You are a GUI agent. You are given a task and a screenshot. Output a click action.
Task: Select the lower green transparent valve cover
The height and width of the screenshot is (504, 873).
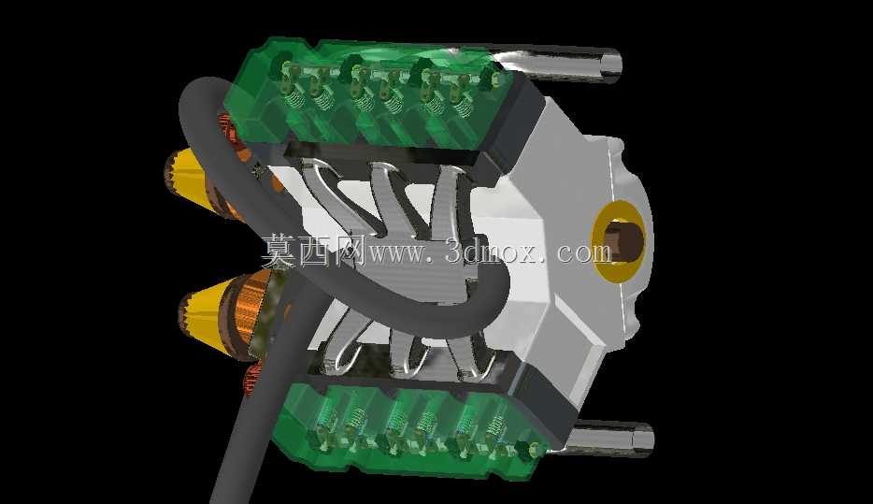click(x=412, y=429)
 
